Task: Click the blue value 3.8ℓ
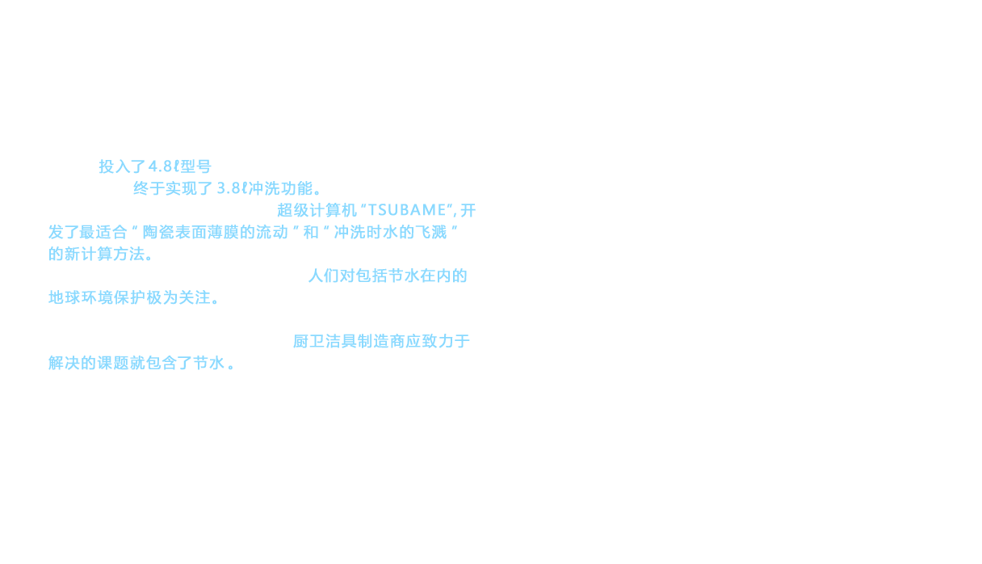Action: [232, 189]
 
